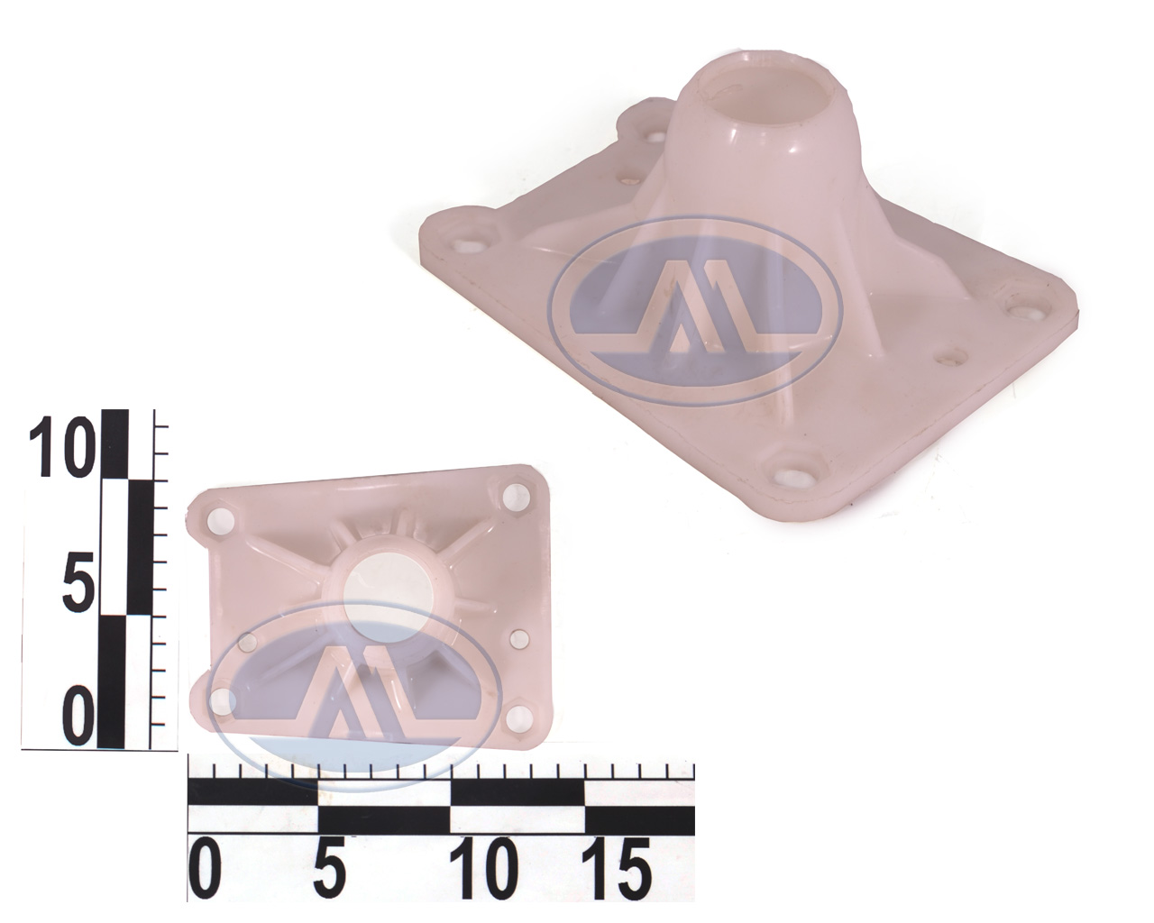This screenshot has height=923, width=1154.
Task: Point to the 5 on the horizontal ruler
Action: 329,869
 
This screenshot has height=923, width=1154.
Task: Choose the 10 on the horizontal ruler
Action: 482,869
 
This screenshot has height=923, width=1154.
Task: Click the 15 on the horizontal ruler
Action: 617,869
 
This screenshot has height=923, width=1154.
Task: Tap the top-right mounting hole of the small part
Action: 516,495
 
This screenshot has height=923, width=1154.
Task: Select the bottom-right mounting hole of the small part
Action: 518,717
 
